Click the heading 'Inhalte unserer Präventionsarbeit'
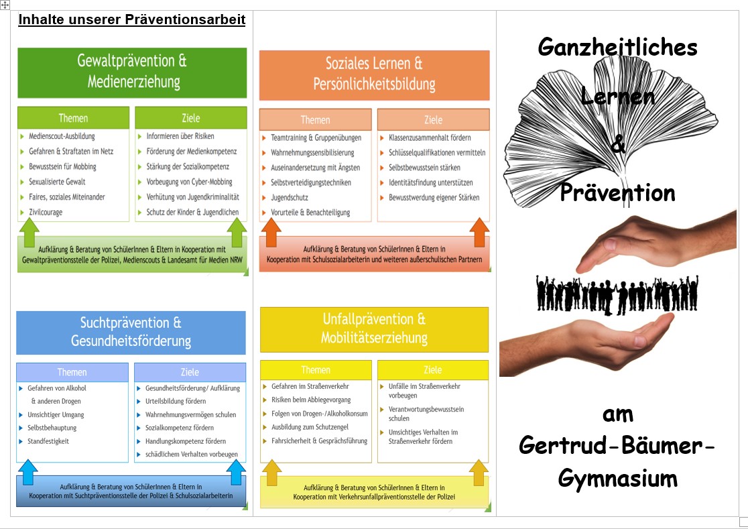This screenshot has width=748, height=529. click(x=132, y=19)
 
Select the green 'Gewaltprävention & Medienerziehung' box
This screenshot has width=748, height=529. click(x=132, y=72)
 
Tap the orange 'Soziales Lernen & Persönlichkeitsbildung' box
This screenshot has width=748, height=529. click(x=374, y=74)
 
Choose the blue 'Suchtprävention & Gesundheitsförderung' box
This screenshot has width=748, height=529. click(x=131, y=332)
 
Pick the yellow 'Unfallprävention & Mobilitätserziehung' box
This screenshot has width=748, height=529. click(x=374, y=329)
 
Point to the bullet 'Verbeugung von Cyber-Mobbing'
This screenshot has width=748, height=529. click(x=189, y=182)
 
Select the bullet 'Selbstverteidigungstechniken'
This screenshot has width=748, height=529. click(x=310, y=182)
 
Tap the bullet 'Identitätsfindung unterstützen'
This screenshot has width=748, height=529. click(x=430, y=182)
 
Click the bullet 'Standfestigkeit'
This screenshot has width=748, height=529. click(x=48, y=441)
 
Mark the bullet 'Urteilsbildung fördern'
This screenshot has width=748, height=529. click(x=175, y=401)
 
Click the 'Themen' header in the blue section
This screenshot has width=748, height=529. click(x=72, y=372)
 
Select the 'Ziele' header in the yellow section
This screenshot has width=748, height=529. click(x=432, y=369)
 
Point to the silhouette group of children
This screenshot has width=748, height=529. click(x=617, y=293)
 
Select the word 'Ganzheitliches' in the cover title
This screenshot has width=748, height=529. click(x=617, y=47)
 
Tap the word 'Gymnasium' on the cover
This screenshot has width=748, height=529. click(x=617, y=479)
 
